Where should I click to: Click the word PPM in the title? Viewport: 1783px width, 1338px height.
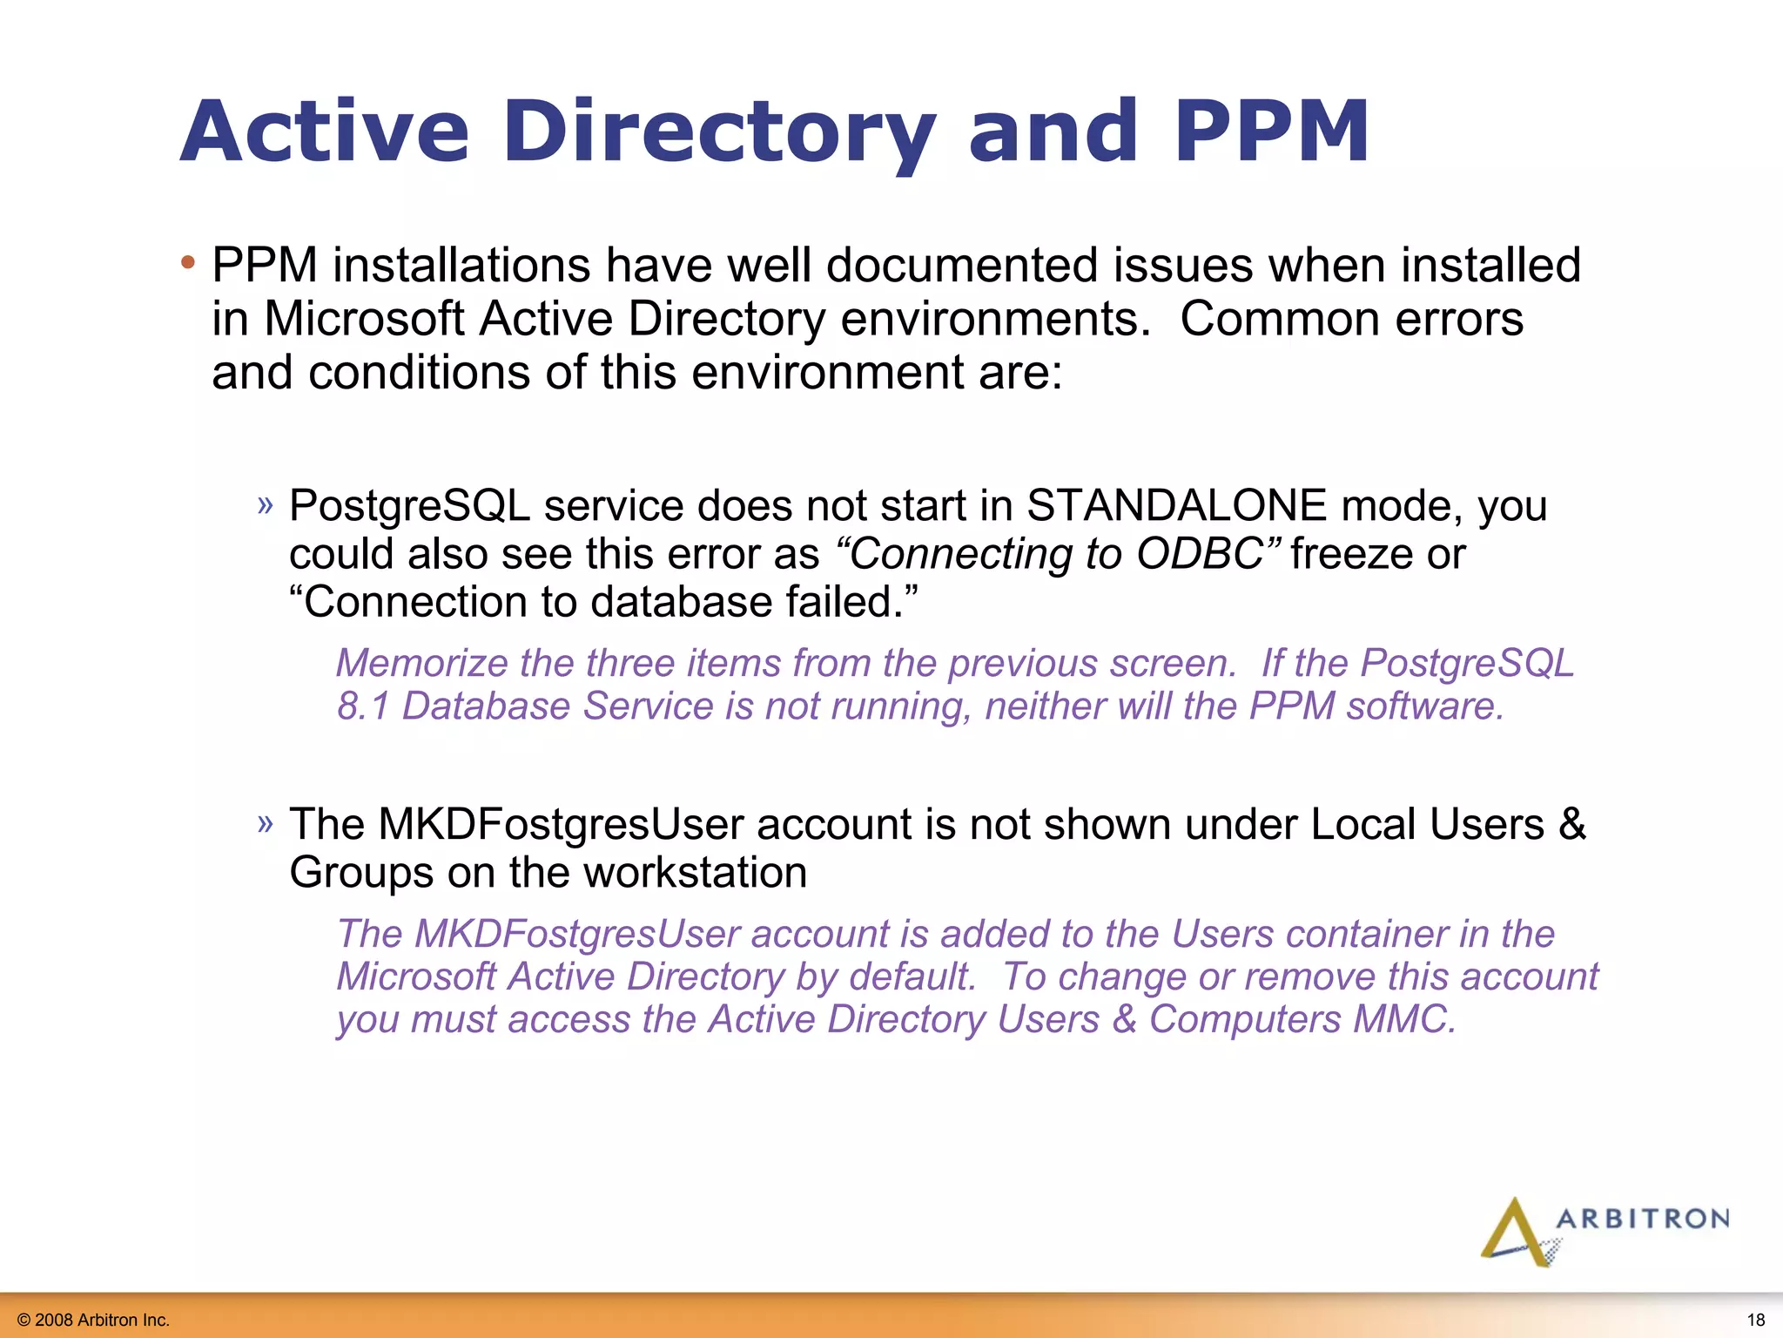pyautogui.click(x=1271, y=132)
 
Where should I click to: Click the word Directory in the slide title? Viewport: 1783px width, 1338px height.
pyautogui.click(x=719, y=132)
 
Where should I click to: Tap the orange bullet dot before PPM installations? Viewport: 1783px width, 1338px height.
pyautogui.click(x=188, y=262)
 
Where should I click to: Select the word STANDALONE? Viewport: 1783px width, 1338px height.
pyautogui.click(x=1177, y=506)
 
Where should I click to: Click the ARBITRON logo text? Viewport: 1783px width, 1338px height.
pyautogui.click(x=1642, y=1219)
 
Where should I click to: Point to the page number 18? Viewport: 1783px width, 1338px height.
pyautogui.click(x=1756, y=1320)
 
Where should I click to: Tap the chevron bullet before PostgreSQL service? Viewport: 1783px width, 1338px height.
pyautogui.click(x=266, y=504)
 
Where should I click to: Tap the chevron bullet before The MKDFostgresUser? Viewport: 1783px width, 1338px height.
pyautogui.click(x=266, y=823)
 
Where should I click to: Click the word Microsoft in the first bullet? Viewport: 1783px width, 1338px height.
pyautogui.click(x=363, y=319)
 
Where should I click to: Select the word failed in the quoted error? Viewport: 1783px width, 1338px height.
pyautogui.click(x=844, y=603)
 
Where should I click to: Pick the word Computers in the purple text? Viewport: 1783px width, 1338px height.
pyautogui.click(x=1244, y=1020)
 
